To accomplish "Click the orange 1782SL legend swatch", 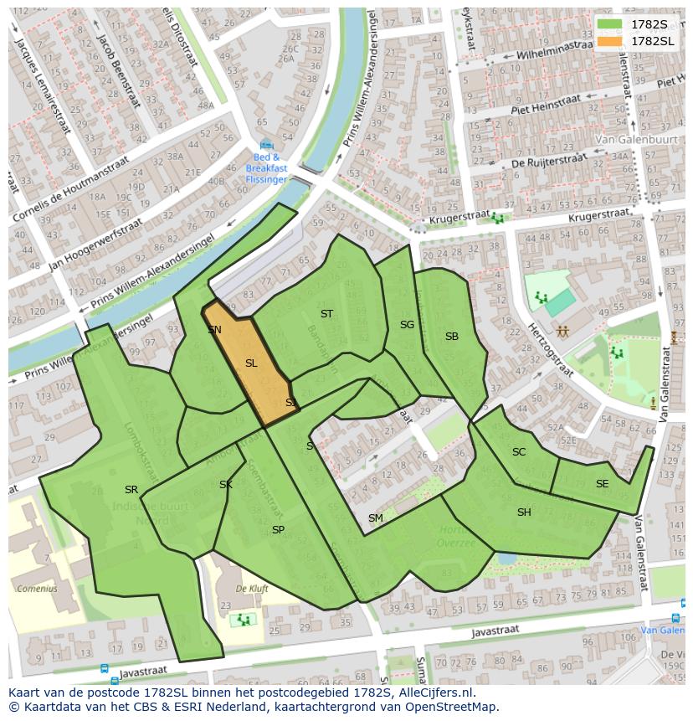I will pyautogui.click(x=611, y=40).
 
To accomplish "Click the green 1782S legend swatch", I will pyautogui.click(x=611, y=23).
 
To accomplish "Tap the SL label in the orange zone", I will pyautogui.click(x=251, y=363).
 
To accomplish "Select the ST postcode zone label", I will pyautogui.click(x=326, y=314).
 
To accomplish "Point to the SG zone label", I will pyautogui.click(x=407, y=325).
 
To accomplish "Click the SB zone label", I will pyautogui.click(x=452, y=337).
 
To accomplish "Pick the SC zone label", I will pyautogui.click(x=519, y=452).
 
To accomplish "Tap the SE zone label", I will pyautogui.click(x=602, y=484).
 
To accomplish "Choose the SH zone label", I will pyautogui.click(x=524, y=512).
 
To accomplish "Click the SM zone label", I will pyautogui.click(x=376, y=518).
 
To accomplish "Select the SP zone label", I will pyautogui.click(x=278, y=530).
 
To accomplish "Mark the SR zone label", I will pyautogui.click(x=131, y=490).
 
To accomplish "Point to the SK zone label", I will pyautogui.click(x=226, y=485).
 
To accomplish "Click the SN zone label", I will pyautogui.click(x=214, y=330).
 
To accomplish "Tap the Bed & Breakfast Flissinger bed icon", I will pyautogui.click(x=266, y=145).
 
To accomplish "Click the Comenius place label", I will pyautogui.click(x=36, y=589).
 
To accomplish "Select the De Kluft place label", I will pyautogui.click(x=252, y=589).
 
